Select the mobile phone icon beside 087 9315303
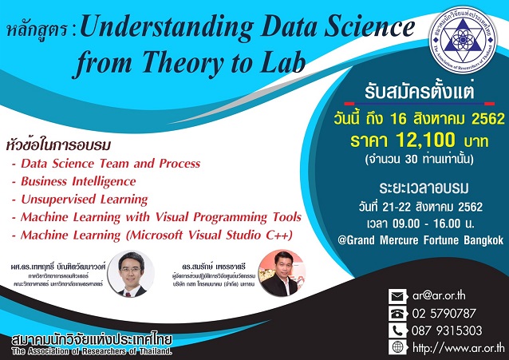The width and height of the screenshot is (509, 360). (397, 330)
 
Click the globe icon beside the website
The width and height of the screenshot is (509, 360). (397, 348)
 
